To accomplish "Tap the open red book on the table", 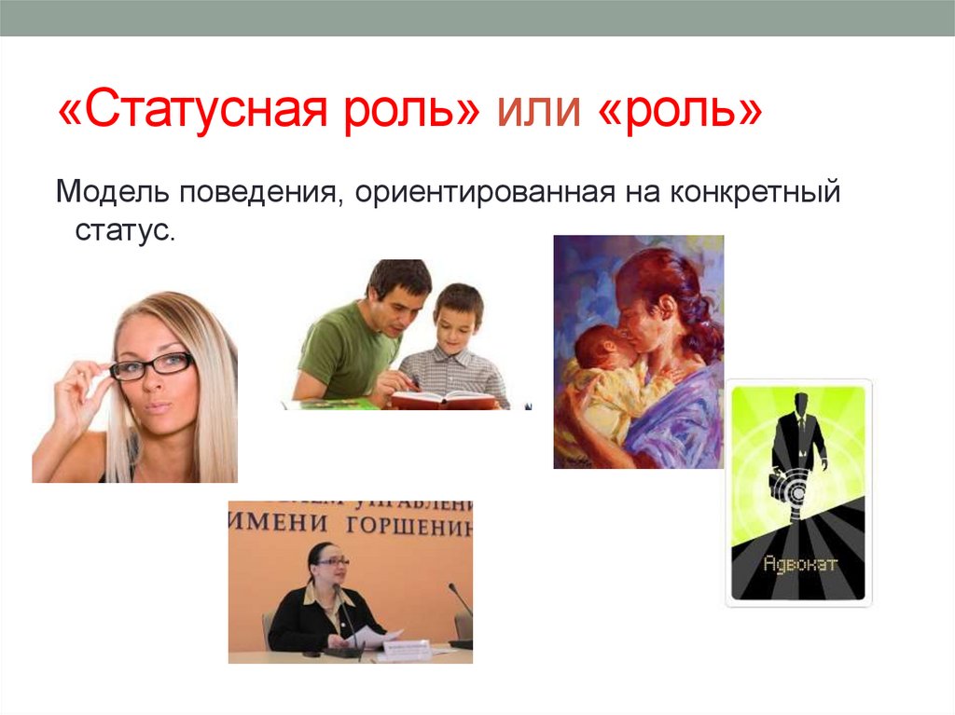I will pos(444,399).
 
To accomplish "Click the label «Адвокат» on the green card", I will pos(799,563).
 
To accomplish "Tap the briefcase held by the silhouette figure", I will pos(776,483).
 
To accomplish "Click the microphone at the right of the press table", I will pos(457,597).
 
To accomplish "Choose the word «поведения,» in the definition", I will pos(266,195).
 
